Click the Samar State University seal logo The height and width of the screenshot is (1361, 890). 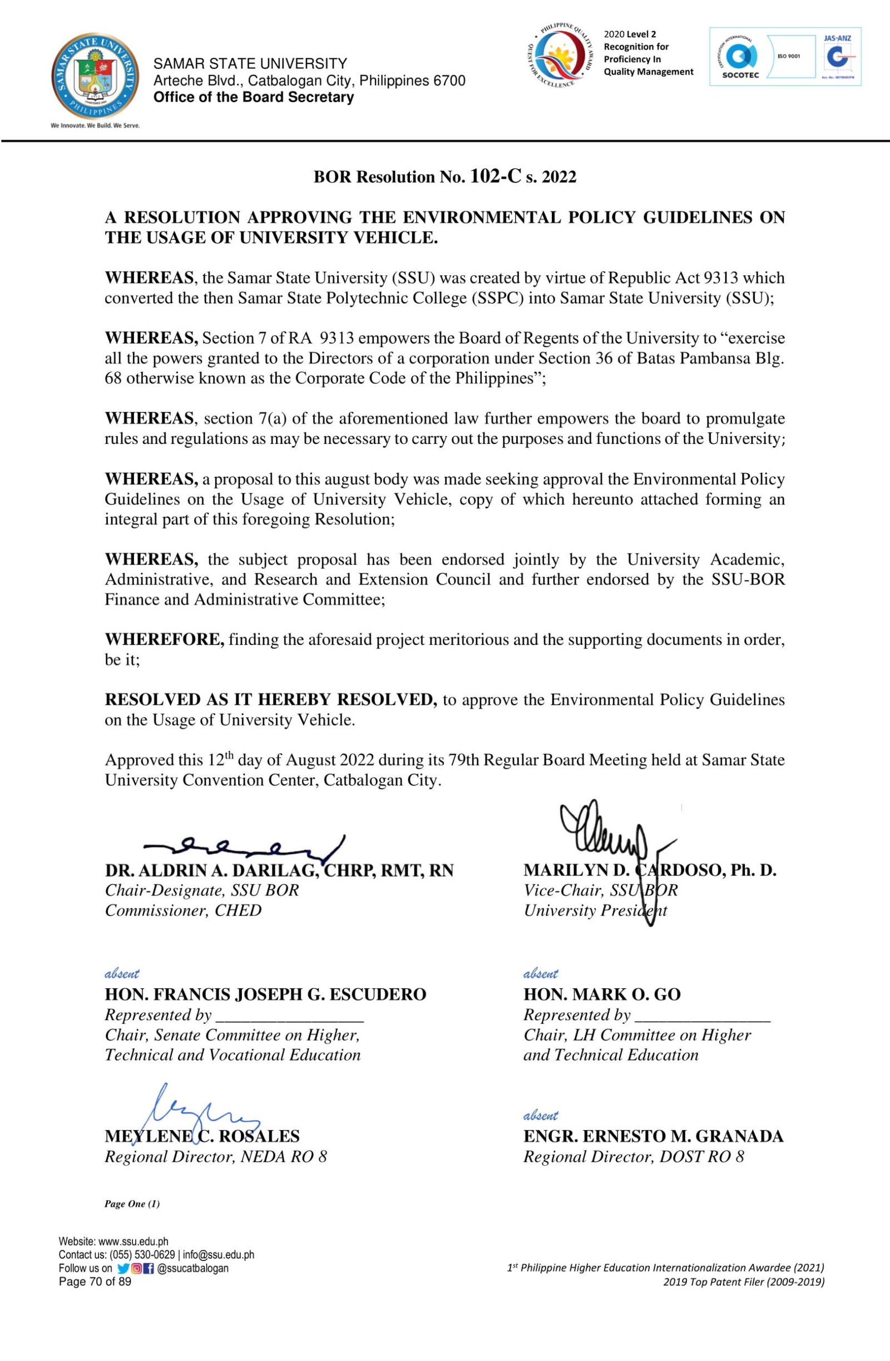[95, 76]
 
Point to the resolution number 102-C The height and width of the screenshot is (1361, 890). [495, 176]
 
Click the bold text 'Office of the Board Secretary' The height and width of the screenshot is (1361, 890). [254, 97]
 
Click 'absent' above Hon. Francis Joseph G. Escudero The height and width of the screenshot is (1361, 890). [122, 973]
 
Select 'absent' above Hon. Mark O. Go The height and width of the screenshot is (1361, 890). [541, 973]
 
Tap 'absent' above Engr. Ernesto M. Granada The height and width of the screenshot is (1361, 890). [541, 1115]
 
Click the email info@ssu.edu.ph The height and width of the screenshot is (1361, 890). [219, 1255]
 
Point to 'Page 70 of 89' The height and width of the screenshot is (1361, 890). [95, 1281]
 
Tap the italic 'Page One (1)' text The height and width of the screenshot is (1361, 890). [132, 1204]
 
